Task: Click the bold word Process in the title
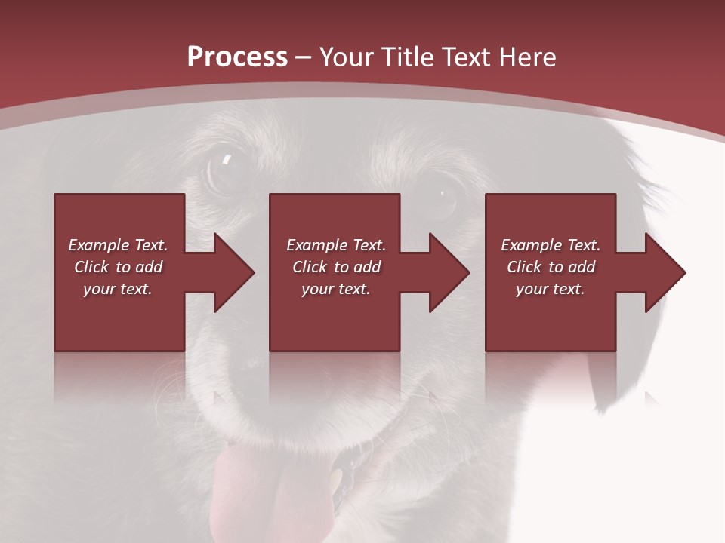point(237,57)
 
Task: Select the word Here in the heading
point(526,57)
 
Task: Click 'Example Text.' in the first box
point(119,245)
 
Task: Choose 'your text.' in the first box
point(118,289)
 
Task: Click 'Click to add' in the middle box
point(336,267)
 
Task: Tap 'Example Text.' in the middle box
point(336,245)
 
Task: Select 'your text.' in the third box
point(551,289)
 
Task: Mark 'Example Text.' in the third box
point(551,245)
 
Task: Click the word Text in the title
point(470,57)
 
